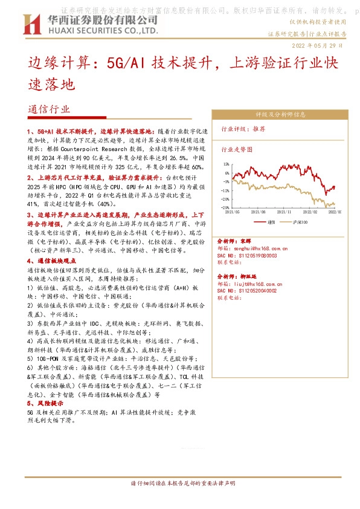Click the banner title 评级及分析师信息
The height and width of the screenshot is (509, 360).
[x=281, y=114]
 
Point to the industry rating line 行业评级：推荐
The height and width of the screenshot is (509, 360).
[x=244, y=129]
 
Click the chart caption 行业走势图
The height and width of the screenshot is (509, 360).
[x=237, y=148]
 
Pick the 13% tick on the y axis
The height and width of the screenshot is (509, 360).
[x=225, y=163]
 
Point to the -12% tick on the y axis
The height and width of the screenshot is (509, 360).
[x=224, y=190]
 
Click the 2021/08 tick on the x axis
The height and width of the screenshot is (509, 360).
[x=259, y=212]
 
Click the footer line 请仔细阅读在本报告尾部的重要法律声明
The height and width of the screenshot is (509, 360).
[x=179, y=484]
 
